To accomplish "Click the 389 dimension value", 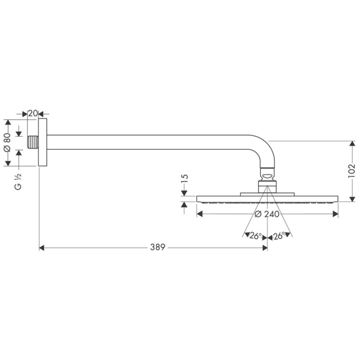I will pyautogui.click(x=157, y=247).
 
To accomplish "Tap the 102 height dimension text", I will pyautogui.click(x=351, y=170).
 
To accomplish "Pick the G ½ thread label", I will pyautogui.click(x=18, y=181).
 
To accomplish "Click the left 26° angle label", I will pyautogui.click(x=256, y=236).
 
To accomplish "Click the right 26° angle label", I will pyautogui.click(x=280, y=236).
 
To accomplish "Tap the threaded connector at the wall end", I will pyautogui.click(x=33, y=142).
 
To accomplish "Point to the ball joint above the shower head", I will pyautogui.click(x=267, y=176).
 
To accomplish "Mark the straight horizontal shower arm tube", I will pyautogui.click(x=154, y=142).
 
